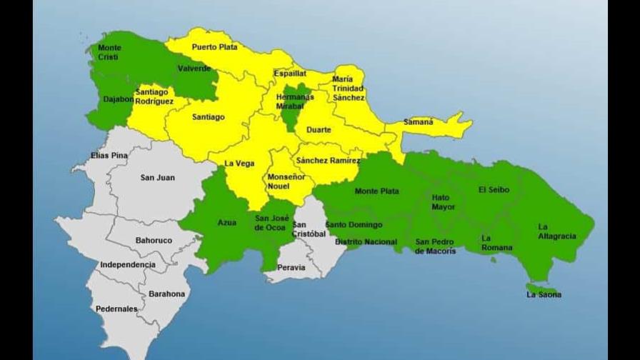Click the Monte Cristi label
(x=109, y=52)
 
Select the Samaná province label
(x=418, y=122)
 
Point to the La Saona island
(x=542, y=289)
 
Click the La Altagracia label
(x=556, y=231)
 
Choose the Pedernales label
(x=116, y=309)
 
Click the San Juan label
(x=157, y=178)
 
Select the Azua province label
(x=226, y=223)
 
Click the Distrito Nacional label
(x=366, y=242)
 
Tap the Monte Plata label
(x=376, y=191)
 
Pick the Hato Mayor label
(x=443, y=202)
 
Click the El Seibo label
(x=492, y=190)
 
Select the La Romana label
(x=496, y=243)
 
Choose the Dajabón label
(x=118, y=99)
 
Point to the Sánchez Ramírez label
(x=329, y=161)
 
